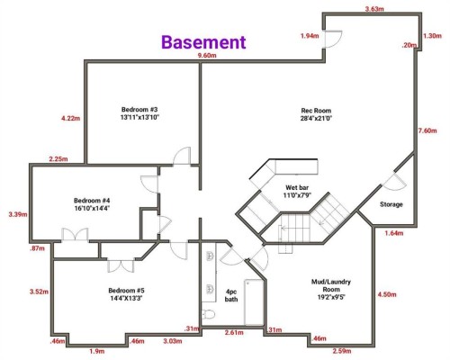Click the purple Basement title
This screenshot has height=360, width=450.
[x=203, y=41]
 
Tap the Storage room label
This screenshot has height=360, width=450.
[x=391, y=204]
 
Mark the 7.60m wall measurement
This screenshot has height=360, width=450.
[x=427, y=132]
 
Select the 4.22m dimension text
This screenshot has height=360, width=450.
[x=70, y=118]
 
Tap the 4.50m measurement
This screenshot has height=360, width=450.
[x=388, y=294]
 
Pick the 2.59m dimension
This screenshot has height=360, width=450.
[x=343, y=350]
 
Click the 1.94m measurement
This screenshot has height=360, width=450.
[x=309, y=35]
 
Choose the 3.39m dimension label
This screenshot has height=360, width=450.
[x=16, y=215]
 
